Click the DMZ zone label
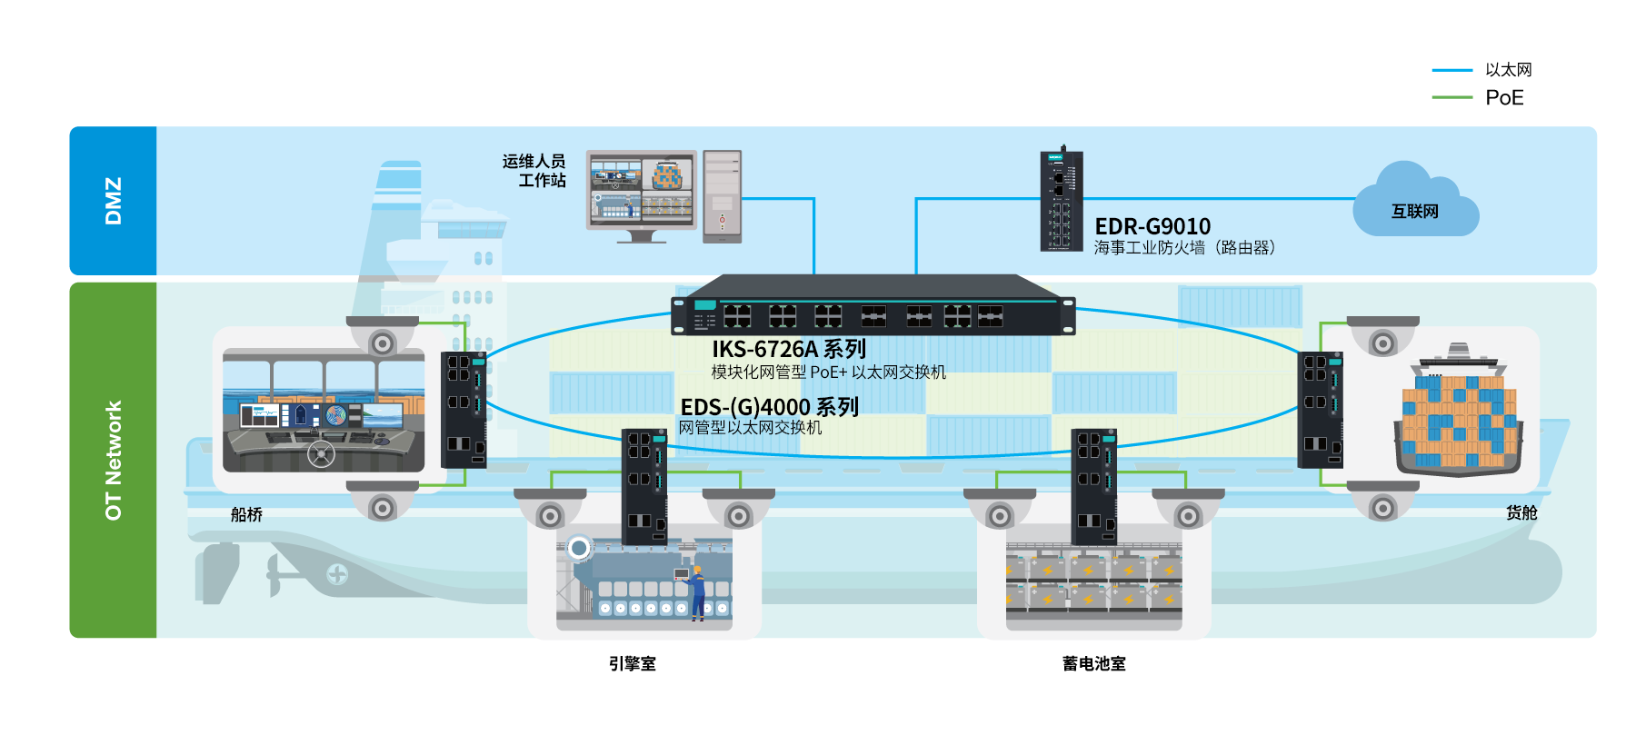(113, 201)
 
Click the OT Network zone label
(113, 461)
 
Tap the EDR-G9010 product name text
(1152, 226)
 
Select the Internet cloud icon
(1414, 204)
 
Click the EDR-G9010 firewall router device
(1061, 202)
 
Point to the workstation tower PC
(722, 197)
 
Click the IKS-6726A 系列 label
(788, 349)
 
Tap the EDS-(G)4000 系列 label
(769, 407)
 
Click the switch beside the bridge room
(464, 409)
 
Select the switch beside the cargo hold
(1320, 409)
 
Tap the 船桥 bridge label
(246, 515)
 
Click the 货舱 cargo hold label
(1521, 513)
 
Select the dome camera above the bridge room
(383, 336)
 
